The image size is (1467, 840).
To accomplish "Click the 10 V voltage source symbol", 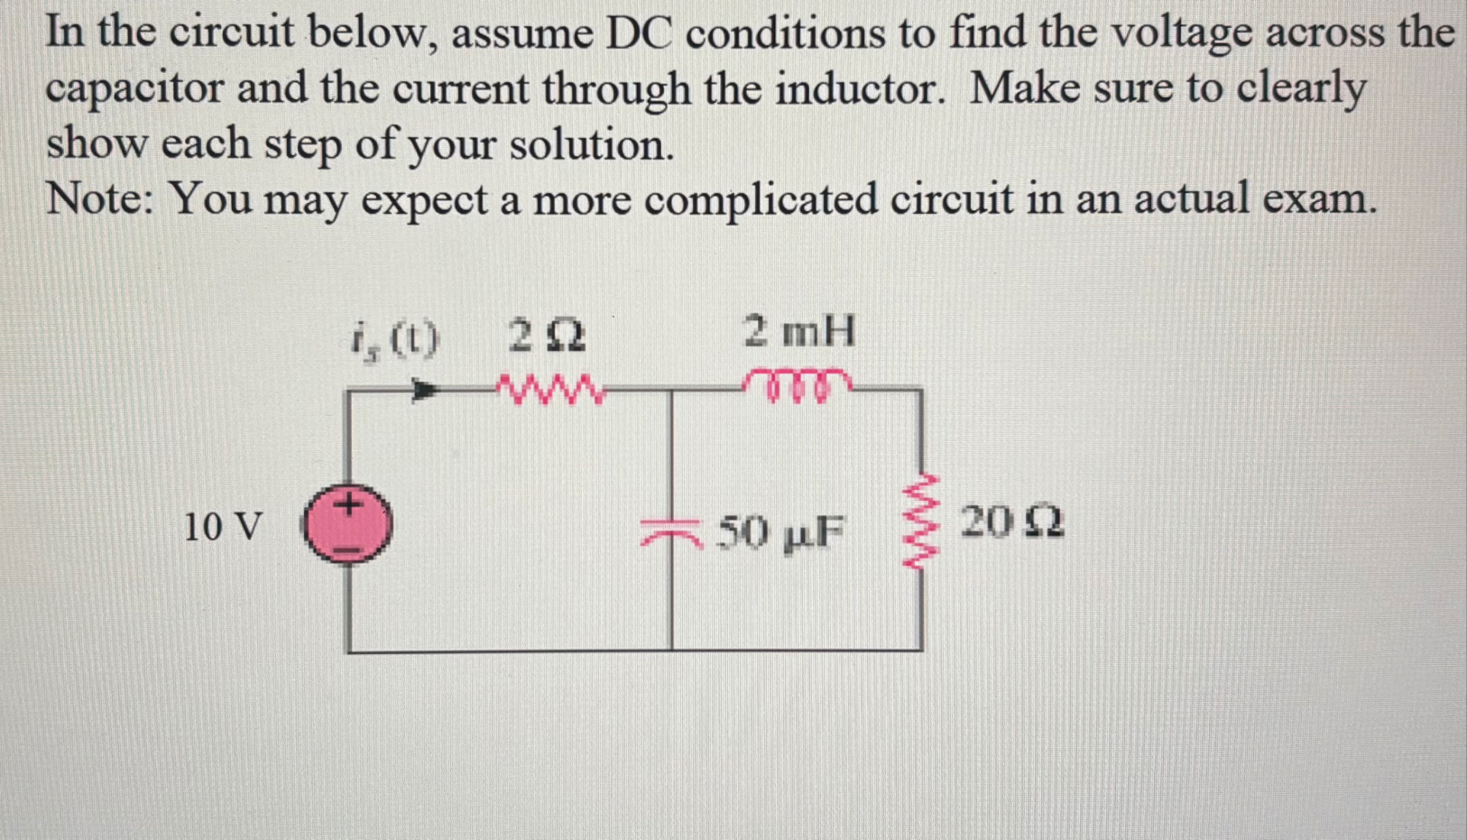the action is pos(347,524).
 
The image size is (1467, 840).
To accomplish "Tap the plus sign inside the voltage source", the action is pos(348,503).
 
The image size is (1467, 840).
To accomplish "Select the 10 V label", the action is pos(223,526).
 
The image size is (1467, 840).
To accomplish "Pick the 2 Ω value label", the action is pos(547,337).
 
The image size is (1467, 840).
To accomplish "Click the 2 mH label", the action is pos(799,331).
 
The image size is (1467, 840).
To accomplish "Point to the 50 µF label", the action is pos(781,532).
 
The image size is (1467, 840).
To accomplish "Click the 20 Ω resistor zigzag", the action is pos(919,522).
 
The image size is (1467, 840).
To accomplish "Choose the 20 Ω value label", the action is pos(1011,522).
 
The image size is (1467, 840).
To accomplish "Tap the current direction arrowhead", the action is pos(425,391).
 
